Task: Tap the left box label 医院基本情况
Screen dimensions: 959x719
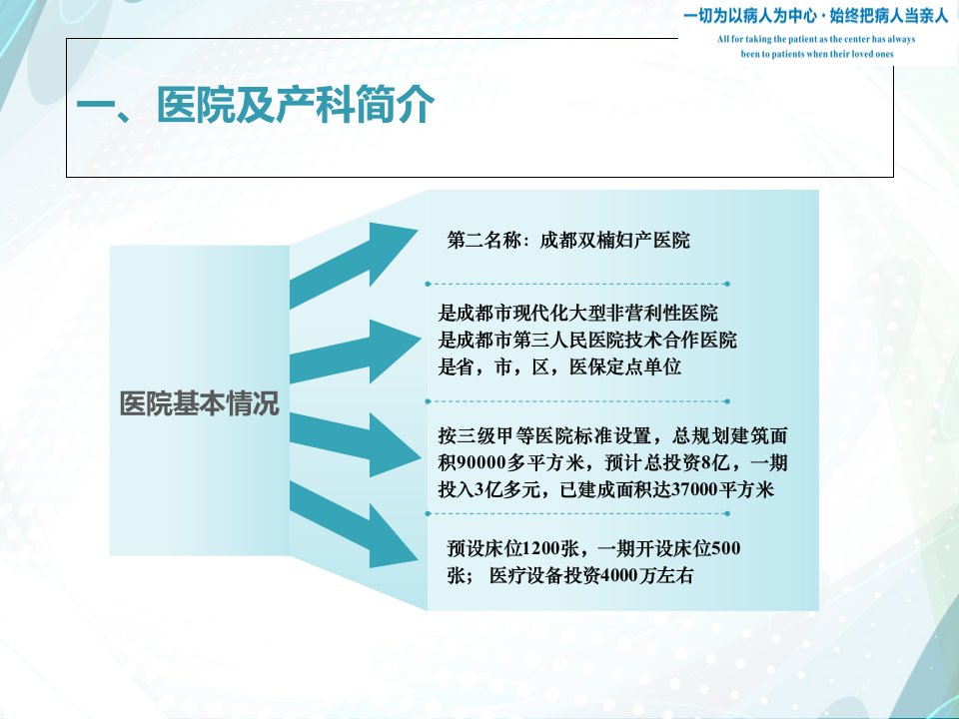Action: click(200, 403)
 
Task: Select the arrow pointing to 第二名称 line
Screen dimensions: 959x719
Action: click(354, 266)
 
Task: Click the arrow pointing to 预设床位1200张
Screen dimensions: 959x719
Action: click(354, 524)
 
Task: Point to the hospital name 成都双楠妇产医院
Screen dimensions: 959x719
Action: click(614, 241)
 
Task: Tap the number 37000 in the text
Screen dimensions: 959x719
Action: click(694, 489)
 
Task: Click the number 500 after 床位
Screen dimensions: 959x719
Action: click(726, 548)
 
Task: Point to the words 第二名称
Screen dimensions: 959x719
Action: click(483, 241)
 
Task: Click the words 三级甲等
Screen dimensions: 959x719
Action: click(495, 436)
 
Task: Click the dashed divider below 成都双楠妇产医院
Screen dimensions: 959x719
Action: click(577, 284)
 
